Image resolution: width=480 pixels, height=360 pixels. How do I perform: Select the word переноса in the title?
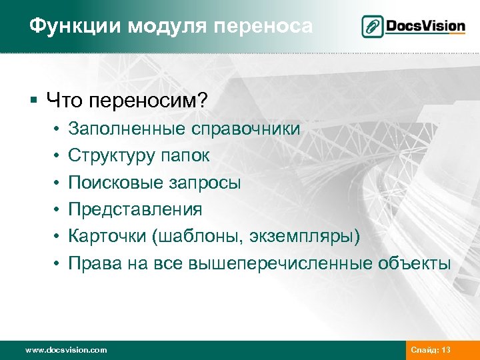270,27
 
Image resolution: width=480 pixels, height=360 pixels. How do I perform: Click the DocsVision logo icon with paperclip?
373,27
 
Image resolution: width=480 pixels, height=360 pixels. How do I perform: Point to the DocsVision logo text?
427,27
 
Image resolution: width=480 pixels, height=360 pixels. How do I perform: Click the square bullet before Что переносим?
33,102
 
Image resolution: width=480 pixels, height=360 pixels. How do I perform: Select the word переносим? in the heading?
149,101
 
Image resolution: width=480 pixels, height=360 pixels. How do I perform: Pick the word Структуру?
109,155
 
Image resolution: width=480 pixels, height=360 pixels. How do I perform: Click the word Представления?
135,209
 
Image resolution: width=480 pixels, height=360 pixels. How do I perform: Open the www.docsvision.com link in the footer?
65,350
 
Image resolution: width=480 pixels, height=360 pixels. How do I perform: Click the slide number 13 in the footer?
446,350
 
